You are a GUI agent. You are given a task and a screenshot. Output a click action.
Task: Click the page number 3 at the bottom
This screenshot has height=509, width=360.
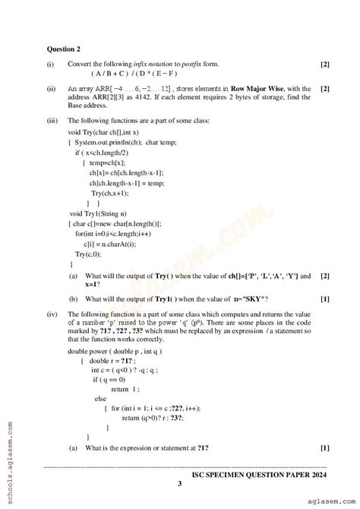coord(179,483)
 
